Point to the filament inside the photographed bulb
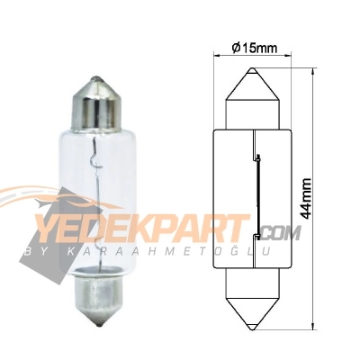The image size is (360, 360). point(94,180)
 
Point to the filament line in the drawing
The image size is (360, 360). point(259,193)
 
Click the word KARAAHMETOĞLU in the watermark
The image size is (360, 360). point(171,249)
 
